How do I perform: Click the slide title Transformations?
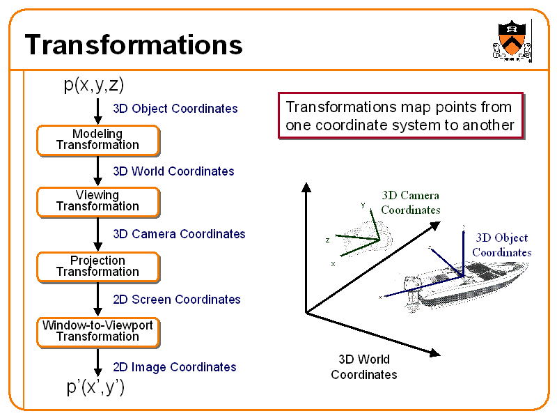click(134, 45)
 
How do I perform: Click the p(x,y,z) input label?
click(94, 85)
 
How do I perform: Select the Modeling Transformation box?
click(97, 140)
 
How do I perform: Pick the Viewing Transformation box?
click(97, 201)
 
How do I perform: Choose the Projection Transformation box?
click(97, 267)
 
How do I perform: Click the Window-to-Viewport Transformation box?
click(97, 332)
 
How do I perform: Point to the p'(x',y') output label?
click(96, 388)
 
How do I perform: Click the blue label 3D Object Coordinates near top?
click(175, 109)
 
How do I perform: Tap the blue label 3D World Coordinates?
click(173, 171)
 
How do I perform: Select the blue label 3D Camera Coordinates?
click(179, 234)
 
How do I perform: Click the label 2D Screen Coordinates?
click(177, 300)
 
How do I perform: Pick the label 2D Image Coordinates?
click(175, 367)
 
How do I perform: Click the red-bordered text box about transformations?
click(399, 116)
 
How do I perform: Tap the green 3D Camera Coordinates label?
click(411, 203)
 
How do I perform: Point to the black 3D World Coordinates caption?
click(364, 367)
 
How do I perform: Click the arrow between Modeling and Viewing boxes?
click(98, 171)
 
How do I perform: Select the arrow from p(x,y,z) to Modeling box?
click(98, 110)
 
